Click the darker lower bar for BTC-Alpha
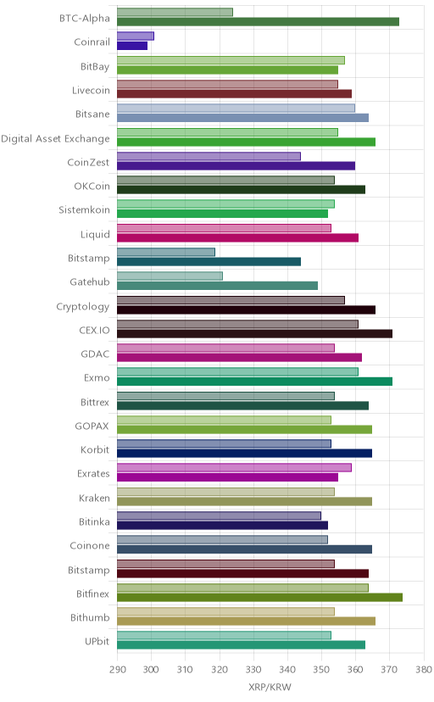[259, 22]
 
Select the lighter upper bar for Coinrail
[136, 36]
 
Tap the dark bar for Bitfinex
[260, 597]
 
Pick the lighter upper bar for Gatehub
[170, 276]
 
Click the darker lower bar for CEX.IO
[255, 333]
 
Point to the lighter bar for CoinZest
[209, 156]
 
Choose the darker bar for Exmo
[255, 382]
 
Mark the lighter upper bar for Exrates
[235, 468]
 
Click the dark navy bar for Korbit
[245, 454]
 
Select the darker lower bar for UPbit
[242, 645]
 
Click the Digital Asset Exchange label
[55, 139]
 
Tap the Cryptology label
[83, 307]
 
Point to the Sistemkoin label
[84, 210]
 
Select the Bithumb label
[90, 618]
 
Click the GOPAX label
[92, 426]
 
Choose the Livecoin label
[91, 91]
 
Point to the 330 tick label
[253, 669]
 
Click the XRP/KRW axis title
[270, 688]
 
